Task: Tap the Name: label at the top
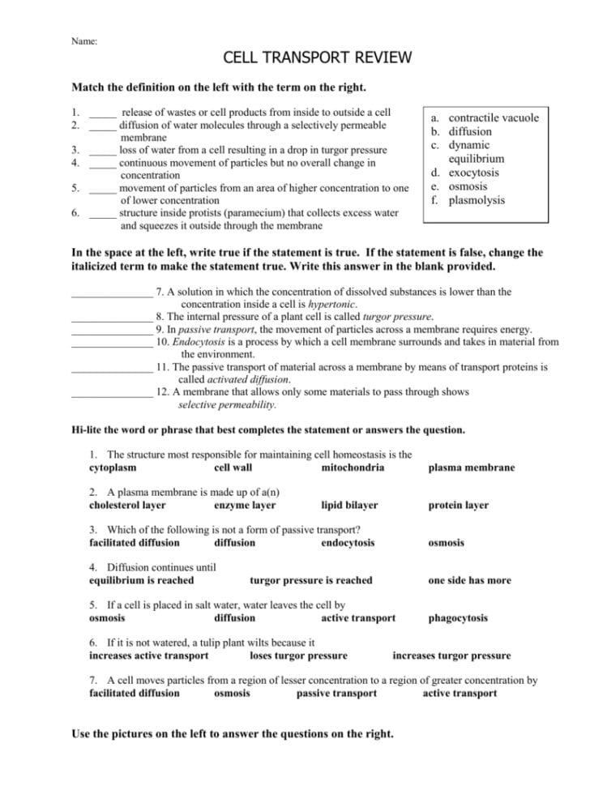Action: (84, 41)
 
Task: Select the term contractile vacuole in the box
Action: (493, 117)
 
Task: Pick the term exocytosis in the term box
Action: (474, 173)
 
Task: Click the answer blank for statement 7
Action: (111, 292)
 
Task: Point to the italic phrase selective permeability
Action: (227, 404)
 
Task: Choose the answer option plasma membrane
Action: (471, 468)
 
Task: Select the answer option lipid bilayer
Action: (349, 505)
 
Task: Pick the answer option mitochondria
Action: (353, 468)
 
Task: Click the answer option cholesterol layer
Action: (127, 505)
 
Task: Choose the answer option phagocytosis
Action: (458, 618)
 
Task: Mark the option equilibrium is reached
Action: (141, 580)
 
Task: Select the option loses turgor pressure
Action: (298, 656)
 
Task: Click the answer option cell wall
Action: (233, 468)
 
